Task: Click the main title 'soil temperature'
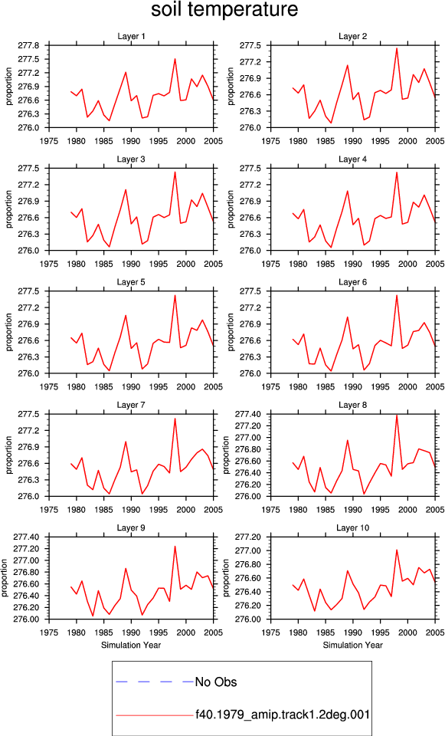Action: tap(224, 10)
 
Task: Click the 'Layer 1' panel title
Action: tap(131, 37)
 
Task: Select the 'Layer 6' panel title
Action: tap(352, 282)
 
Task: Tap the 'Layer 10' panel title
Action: tap(352, 528)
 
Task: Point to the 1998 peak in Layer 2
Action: tap(397, 48)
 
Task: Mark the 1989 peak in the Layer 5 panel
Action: tap(126, 315)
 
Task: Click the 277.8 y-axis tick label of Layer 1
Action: tap(28, 45)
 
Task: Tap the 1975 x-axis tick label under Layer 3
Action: tap(49, 264)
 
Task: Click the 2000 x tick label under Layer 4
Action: tap(407, 264)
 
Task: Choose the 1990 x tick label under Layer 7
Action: tap(131, 510)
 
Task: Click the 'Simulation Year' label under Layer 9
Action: tap(131, 645)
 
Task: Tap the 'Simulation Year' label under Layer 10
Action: tap(352, 645)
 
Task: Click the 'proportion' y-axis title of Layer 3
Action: tap(9, 209)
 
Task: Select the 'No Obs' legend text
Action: tap(216, 682)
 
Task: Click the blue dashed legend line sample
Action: tap(155, 682)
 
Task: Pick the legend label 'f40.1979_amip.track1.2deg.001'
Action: tap(283, 715)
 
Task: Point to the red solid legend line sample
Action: tap(155, 715)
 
